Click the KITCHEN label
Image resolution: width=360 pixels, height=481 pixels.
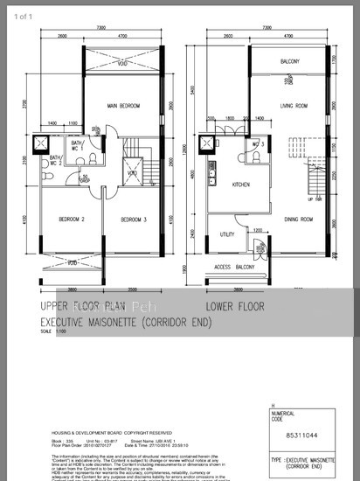point(242,185)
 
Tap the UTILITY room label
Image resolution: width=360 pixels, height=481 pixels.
point(227,234)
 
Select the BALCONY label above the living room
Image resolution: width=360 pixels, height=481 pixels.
point(289,61)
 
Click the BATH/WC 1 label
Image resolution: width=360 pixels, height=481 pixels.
point(100,145)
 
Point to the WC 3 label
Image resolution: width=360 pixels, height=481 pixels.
point(259,143)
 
